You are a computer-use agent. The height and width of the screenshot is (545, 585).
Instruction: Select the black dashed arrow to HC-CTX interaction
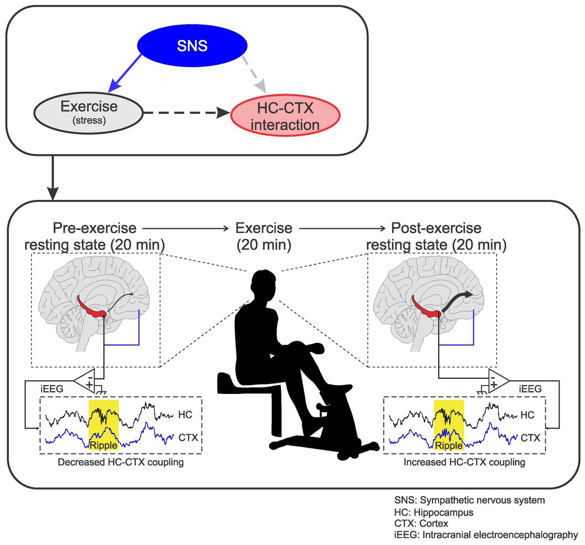pyautogui.click(x=185, y=113)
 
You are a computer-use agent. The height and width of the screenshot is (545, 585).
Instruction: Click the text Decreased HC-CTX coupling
pyautogui.click(x=120, y=462)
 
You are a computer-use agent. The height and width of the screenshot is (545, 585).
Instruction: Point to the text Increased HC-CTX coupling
pyautogui.click(x=464, y=462)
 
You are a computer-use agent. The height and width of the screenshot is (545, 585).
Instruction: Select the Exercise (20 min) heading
pyautogui.click(x=264, y=236)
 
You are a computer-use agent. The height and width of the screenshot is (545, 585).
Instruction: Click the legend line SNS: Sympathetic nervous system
pyautogui.click(x=469, y=500)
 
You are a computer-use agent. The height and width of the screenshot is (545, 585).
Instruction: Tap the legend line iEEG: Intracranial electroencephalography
pyautogui.click(x=486, y=535)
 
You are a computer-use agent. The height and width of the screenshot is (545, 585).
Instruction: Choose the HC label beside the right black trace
pyautogui.click(x=527, y=415)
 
